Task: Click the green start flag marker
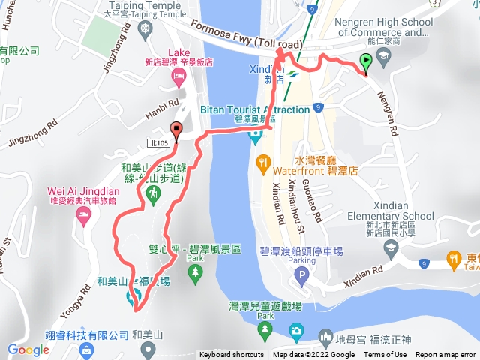click(365, 63)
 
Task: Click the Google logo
click(28, 349)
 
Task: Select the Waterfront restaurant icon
click(262, 160)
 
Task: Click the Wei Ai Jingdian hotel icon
click(82, 215)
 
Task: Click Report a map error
click(445, 355)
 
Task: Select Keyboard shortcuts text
click(232, 355)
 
